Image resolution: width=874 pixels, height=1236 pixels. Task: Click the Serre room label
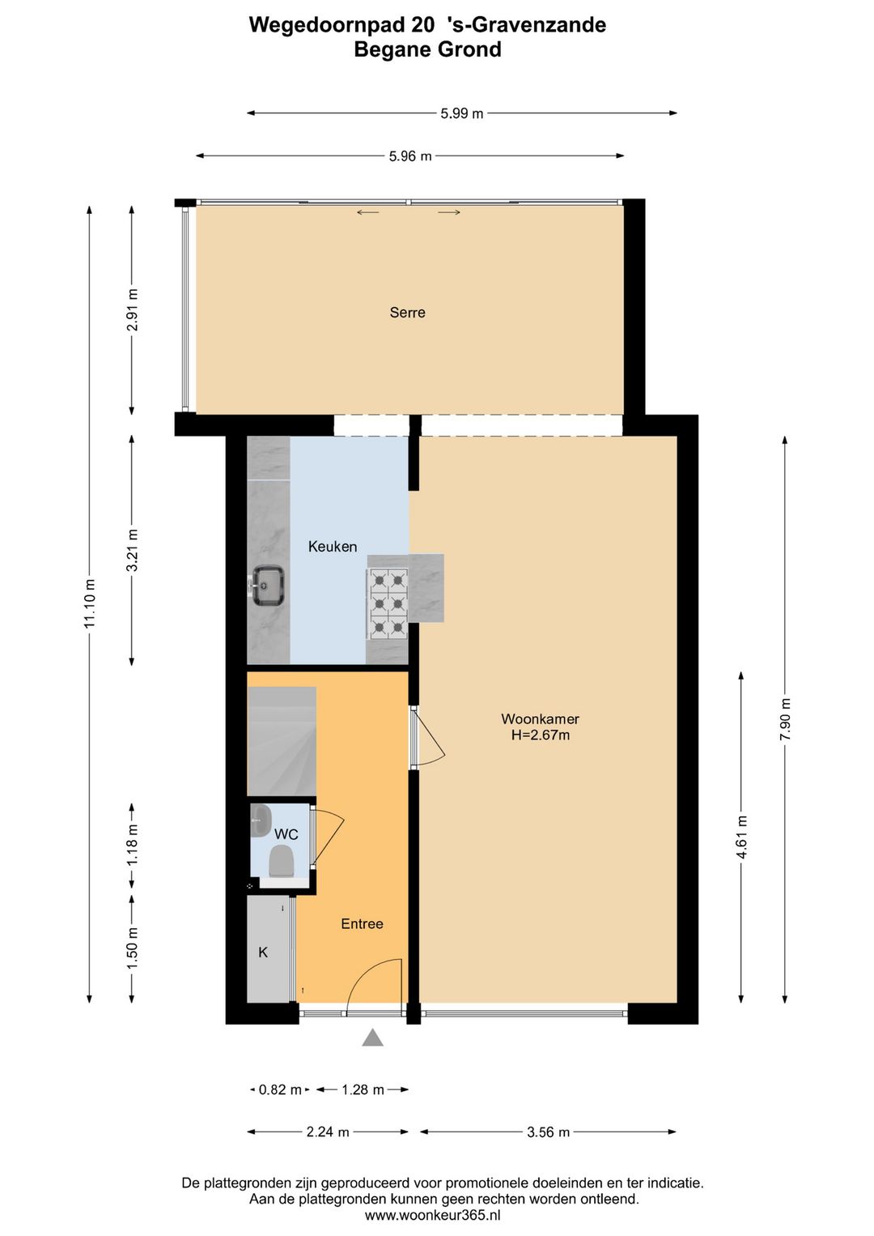(x=407, y=313)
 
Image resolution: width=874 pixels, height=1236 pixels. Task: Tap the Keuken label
(x=332, y=547)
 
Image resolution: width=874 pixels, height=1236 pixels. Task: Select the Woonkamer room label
(x=540, y=718)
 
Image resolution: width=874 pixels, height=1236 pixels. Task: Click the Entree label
(x=362, y=924)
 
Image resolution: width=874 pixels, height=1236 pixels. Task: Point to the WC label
(x=286, y=834)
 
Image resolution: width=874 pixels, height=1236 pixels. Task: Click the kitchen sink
(x=266, y=586)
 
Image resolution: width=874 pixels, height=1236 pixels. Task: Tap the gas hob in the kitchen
(x=388, y=604)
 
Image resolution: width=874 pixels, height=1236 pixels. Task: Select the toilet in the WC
(x=280, y=861)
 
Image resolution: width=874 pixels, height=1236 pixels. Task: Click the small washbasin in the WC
(x=260, y=820)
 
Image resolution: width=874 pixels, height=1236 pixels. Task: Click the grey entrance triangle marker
(x=372, y=1038)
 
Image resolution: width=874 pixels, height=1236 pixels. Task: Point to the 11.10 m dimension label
(x=90, y=603)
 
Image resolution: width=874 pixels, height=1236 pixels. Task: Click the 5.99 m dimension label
(x=461, y=113)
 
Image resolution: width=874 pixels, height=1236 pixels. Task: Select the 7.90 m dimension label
(x=785, y=718)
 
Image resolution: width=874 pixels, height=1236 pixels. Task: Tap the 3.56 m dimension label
(x=548, y=1132)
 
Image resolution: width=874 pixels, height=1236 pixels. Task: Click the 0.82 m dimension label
(x=280, y=1090)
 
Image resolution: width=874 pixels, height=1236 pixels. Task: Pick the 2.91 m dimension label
(x=133, y=310)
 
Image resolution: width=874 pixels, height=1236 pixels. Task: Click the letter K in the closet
(x=263, y=953)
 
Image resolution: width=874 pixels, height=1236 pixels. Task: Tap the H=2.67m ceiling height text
(x=540, y=735)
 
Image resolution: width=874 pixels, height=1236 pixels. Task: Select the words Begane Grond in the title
(x=427, y=49)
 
